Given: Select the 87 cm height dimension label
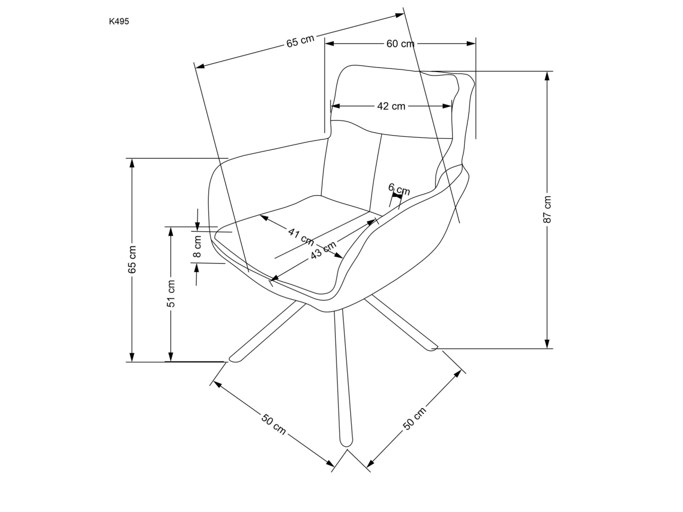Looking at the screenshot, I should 547,210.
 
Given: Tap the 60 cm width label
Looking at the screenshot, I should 400,44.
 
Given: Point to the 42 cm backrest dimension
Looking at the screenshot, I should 391,106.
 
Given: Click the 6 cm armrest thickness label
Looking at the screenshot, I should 399,189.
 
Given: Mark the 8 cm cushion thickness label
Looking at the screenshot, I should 197,247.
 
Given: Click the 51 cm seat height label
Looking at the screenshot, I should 171,293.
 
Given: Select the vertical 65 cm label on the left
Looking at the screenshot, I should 132,259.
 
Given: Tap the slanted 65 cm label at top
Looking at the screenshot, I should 300,41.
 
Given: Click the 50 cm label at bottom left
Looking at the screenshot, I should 274,423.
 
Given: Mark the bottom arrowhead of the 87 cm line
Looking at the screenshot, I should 547,344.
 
